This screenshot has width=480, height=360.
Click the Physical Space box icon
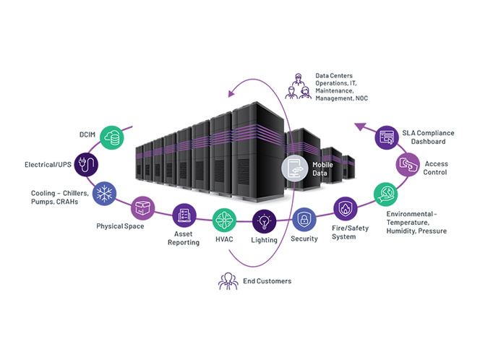[142, 209]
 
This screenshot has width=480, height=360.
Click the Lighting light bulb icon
[264, 220]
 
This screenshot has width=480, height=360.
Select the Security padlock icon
[304, 218]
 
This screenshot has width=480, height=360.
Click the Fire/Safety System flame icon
[343, 210]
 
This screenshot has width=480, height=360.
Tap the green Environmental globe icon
[385, 194]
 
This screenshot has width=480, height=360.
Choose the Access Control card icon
[408, 165]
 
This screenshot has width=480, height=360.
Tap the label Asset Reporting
[184, 239]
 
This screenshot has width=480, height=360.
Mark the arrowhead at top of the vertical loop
[230, 91]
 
